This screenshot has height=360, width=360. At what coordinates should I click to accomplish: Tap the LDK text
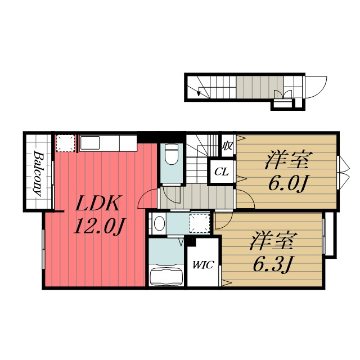(x=97, y=204)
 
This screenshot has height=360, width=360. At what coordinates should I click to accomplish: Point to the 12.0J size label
(x=99, y=226)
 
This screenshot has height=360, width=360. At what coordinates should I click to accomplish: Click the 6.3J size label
(x=272, y=264)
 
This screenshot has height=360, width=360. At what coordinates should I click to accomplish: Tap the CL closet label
(x=222, y=172)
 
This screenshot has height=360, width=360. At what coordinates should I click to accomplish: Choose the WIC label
(x=203, y=265)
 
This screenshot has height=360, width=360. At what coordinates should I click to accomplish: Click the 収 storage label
(x=227, y=146)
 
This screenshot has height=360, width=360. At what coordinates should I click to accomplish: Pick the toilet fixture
(x=172, y=154)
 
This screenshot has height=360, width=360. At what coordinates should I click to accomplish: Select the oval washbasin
(x=159, y=223)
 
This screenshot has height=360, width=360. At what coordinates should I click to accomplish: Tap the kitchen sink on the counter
(x=89, y=143)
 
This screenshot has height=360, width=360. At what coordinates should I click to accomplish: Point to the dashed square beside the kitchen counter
(x=65, y=143)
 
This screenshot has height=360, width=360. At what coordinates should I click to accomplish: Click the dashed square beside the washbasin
(x=200, y=223)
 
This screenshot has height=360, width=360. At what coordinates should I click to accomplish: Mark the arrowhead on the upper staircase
(x=199, y=93)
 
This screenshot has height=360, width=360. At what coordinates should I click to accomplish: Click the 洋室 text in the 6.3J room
(x=273, y=241)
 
